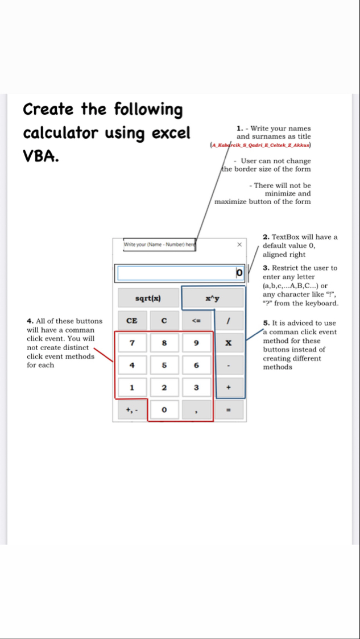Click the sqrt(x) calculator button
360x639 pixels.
coord(148,298)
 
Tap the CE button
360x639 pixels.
coord(131,321)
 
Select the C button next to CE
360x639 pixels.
coord(164,321)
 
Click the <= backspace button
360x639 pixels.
coord(196,321)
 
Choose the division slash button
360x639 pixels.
coord(229,321)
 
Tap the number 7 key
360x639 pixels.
coord(131,343)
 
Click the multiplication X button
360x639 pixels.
coord(229,343)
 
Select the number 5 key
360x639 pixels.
coord(164,365)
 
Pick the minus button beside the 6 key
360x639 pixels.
coord(229,365)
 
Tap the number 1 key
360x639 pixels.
coord(131,388)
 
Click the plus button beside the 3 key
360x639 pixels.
coord(229,388)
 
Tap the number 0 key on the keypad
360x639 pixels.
coord(164,409)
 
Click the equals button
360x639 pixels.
coord(229,409)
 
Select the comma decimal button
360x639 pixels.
coord(196,409)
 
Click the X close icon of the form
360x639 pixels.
coord(239,244)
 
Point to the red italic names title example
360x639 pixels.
coord(260,146)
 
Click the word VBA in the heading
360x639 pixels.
coord(41,157)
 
